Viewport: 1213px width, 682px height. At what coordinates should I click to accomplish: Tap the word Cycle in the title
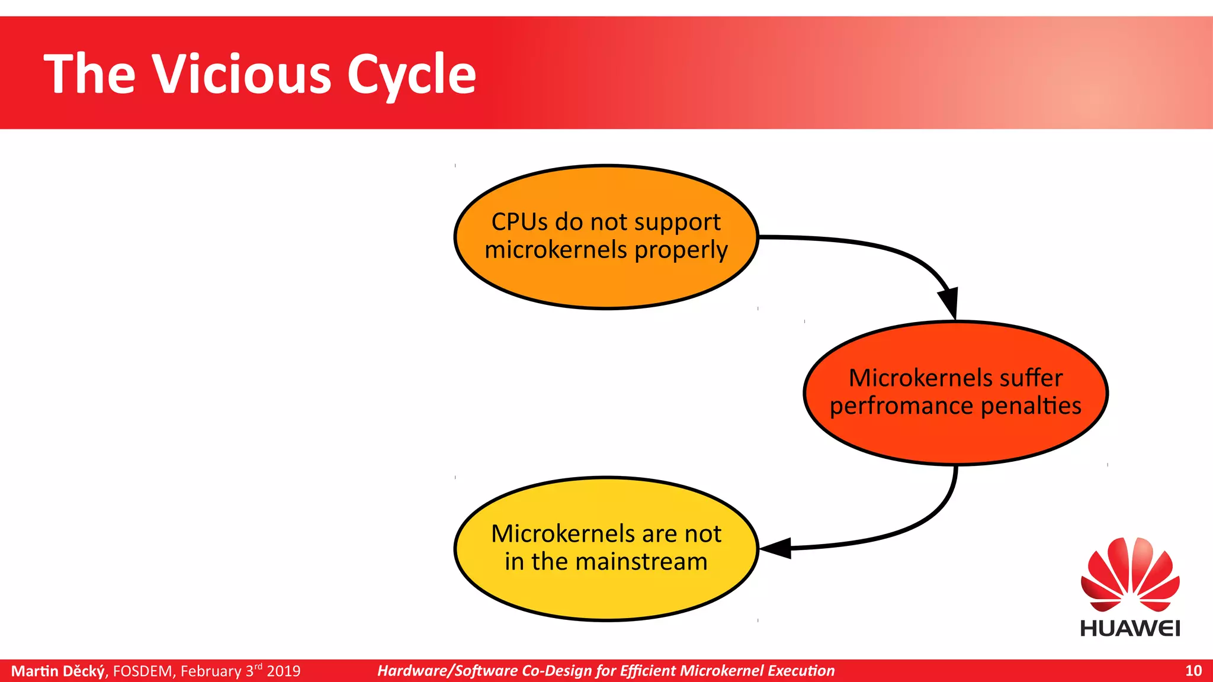(x=411, y=75)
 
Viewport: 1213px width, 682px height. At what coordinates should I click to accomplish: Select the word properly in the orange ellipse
(x=681, y=250)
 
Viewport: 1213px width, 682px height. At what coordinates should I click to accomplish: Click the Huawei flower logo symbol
(x=1130, y=574)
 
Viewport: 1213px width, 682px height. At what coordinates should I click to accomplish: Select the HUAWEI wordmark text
(x=1130, y=628)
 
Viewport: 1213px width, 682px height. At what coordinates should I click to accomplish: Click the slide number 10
(x=1193, y=671)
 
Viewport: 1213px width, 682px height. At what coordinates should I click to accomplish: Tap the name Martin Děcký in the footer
(x=58, y=671)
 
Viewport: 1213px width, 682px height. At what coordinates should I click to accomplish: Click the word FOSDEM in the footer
(x=143, y=671)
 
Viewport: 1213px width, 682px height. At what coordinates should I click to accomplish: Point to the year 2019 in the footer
(x=284, y=671)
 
